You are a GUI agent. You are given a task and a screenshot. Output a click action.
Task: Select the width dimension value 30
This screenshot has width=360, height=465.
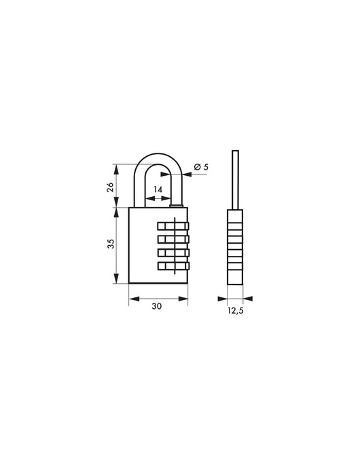coord(157,307)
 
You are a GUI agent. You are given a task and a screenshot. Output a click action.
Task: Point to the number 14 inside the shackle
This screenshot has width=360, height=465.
coord(158,189)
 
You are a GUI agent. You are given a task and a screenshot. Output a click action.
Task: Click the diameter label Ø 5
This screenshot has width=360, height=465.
coord(200,166)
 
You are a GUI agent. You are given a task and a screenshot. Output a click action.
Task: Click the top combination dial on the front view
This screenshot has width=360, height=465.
coord(174,226)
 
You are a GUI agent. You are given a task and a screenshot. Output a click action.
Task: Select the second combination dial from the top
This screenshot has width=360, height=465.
coord(174,239)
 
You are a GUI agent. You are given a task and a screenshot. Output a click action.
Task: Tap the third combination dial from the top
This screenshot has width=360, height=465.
coord(174,253)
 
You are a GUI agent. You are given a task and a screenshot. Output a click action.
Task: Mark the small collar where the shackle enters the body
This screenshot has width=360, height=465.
coord(177,205)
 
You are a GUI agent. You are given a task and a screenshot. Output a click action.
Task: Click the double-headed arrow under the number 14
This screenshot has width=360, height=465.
coord(158,199)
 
